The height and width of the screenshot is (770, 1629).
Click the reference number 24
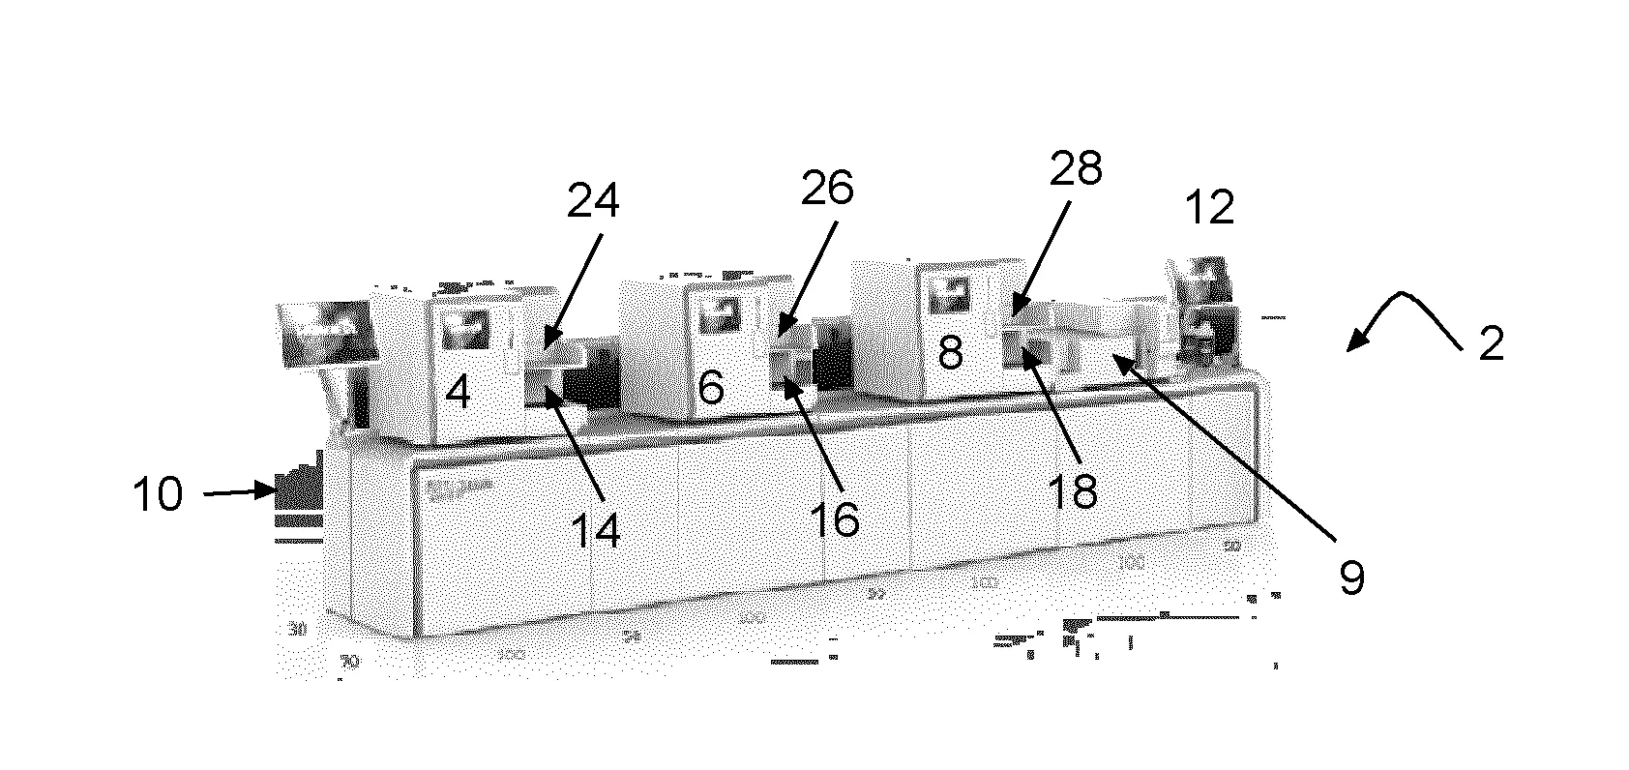[x=592, y=201]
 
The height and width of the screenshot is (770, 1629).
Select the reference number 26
[x=827, y=188]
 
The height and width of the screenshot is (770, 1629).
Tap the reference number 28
[x=1075, y=170]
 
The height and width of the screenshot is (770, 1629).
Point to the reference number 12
[x=1209, y=208]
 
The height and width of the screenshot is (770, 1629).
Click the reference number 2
[x=1492, y=344]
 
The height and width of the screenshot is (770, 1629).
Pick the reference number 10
[x=158, y=495]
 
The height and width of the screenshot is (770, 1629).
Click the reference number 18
[x=1073, y=491]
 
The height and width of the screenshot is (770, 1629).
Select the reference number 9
[x=1351, y=578]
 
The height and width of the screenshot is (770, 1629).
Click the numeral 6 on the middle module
[x=711, y=389]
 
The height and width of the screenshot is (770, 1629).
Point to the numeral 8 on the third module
[x=950, y=354]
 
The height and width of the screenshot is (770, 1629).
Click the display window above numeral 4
[x=466, y=330]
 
